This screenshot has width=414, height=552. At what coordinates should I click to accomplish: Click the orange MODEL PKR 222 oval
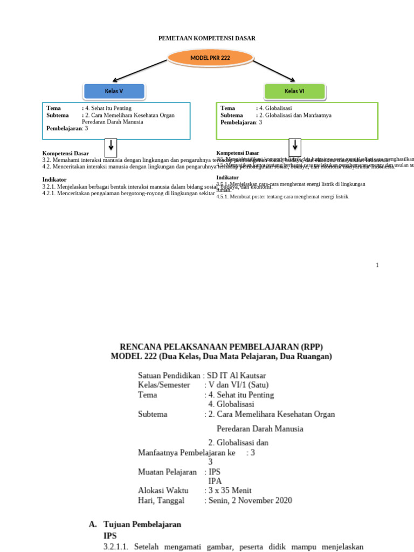[x=210, y=58]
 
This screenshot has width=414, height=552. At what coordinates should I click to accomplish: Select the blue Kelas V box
[x=114, y=91]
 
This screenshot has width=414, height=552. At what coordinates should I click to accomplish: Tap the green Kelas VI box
[x=294, y=91]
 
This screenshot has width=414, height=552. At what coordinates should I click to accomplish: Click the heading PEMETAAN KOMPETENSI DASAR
[x=206, y=38]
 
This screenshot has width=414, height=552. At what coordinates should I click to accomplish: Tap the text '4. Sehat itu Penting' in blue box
[x=108, y=108]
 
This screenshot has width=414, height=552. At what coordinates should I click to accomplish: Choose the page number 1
[x=377, y=265]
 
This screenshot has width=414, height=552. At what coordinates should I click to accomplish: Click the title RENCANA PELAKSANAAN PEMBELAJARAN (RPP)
[x=221, y=346]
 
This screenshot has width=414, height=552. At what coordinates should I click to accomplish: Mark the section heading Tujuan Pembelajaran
[x=142, y=524]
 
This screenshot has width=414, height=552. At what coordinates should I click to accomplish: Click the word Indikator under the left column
[x=54, y=179]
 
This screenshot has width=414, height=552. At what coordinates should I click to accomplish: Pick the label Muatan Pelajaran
[x=167, y=472]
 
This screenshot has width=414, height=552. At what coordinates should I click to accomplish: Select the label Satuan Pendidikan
[x=169, y=375]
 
